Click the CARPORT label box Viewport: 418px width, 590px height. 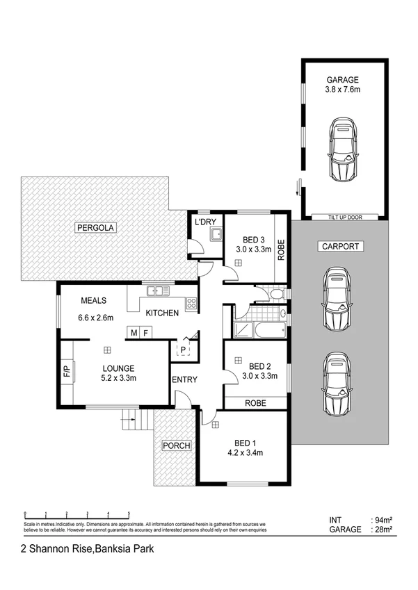(339, 247)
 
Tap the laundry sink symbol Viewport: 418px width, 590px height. (216, 235)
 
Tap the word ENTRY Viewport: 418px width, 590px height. (184, 379)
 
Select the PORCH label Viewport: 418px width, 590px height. (176, 445)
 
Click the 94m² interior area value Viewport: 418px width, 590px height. (383, 520)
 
